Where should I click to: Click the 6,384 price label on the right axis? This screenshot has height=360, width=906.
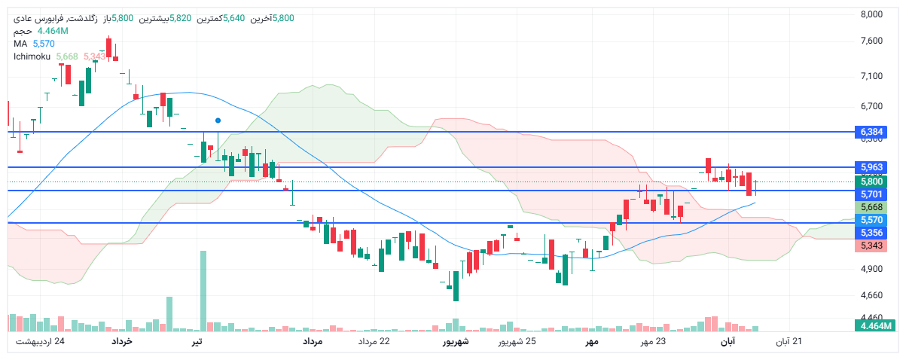871,132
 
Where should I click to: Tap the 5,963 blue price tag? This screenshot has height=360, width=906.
871,166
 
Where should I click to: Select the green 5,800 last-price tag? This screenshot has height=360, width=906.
871,181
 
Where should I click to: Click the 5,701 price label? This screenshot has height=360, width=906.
871,194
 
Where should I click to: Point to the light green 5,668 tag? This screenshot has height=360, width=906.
871,207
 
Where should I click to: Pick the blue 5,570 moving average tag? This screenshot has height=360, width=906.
871,220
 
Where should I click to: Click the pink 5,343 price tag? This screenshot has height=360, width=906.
871,246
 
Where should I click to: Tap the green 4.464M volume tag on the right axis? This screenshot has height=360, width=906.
874,325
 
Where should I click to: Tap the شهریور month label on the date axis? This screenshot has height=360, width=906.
455,342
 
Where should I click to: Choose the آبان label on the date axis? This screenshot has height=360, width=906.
728,342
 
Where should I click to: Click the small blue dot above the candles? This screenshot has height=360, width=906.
218,120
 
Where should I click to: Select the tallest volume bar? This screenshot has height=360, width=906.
203,291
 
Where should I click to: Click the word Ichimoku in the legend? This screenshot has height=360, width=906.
32,56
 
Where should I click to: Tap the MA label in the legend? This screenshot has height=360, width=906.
20,44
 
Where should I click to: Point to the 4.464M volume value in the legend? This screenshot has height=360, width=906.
53,31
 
